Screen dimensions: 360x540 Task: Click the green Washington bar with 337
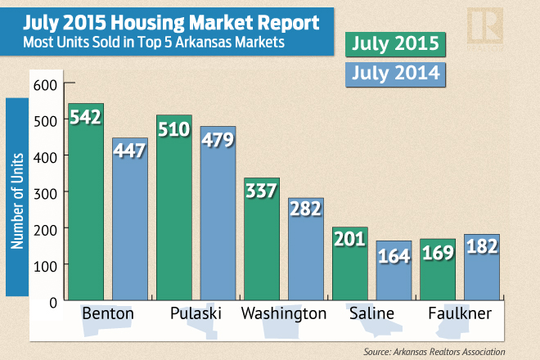[262, 241]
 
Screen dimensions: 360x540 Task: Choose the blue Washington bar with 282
[306, 250]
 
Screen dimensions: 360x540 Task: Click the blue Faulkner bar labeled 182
[482, 267]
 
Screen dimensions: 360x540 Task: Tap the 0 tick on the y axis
[52, 301]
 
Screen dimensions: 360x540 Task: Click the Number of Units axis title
[17, 196]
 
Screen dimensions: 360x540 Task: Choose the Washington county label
[284, 314]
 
